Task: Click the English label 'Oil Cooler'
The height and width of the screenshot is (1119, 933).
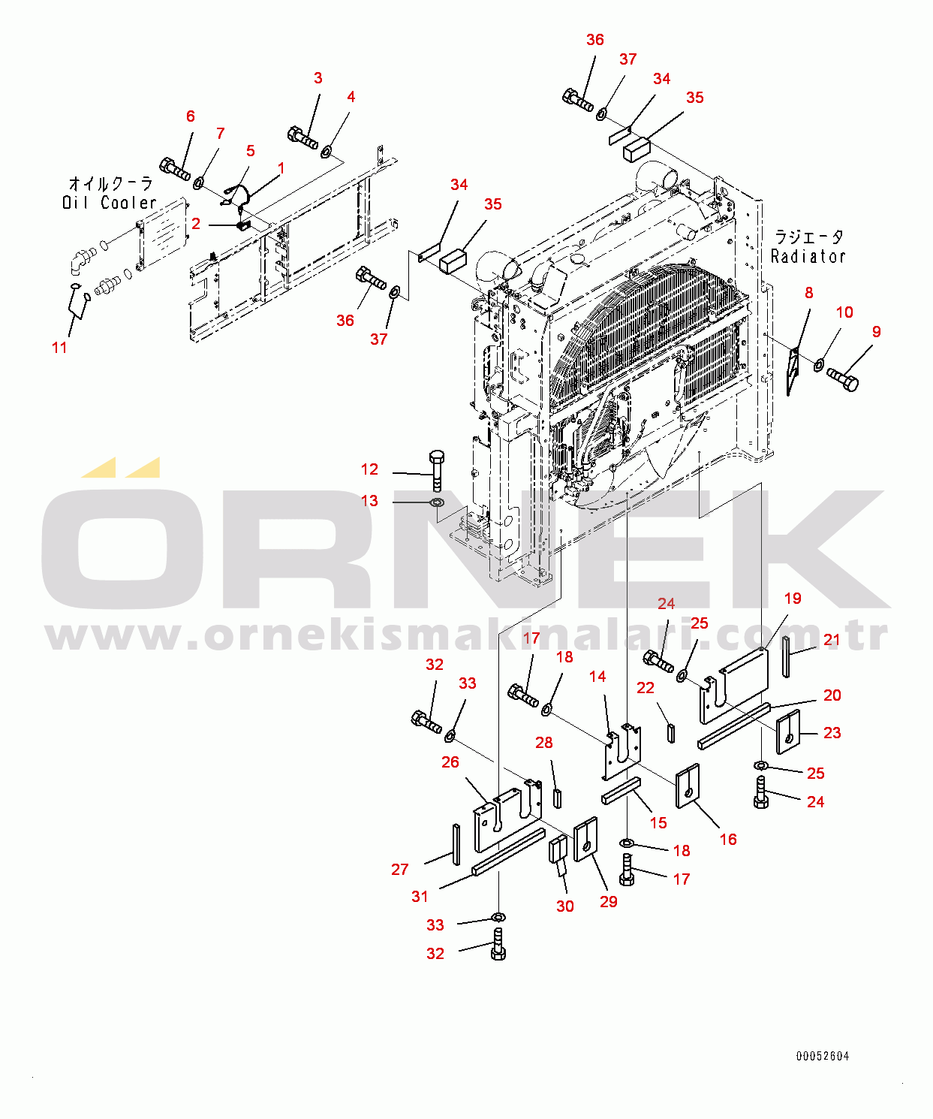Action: pyautogui.click(x=110, y=203)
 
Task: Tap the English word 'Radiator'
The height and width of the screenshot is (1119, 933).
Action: pyautogui.click(x=808, y=256)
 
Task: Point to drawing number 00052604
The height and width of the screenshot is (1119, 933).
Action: pyautogui.click(x=822, y=1057)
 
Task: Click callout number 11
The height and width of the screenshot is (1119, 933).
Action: pyautogui.click(x=59, y=347)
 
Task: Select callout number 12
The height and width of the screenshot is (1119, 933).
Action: pyautogui.click(x=369, y=469)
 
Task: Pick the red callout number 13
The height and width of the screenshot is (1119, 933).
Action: pyautogui.click(x=369, y=501)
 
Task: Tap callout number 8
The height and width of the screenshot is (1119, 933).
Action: pyautogui.click(x=808, y=293)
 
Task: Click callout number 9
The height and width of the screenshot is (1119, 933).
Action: pyautogui.click(x=876, y=331)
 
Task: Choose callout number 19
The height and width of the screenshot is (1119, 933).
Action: pyautogui.click(x=793, y=598)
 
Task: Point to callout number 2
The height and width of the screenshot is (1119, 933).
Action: pyautogui.click(x=196, y=224)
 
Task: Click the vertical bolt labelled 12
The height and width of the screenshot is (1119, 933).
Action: pyautogui.click(x=437, y=471)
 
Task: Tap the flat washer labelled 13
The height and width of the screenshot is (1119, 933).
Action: pyautogui.click(x=437, y=503)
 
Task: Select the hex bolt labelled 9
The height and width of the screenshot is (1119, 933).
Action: pyautogui.click(x=843, y=379)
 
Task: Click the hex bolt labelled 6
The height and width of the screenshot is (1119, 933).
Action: pyautogui.click(x=175, y=168)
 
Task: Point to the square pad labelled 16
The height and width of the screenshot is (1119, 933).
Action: pyautogui.click(x=688, y=786)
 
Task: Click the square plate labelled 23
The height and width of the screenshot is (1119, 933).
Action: pyautogui.click(x=788, y=732)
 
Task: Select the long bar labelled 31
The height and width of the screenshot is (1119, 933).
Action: pyautogui.click(x=509, y=852)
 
